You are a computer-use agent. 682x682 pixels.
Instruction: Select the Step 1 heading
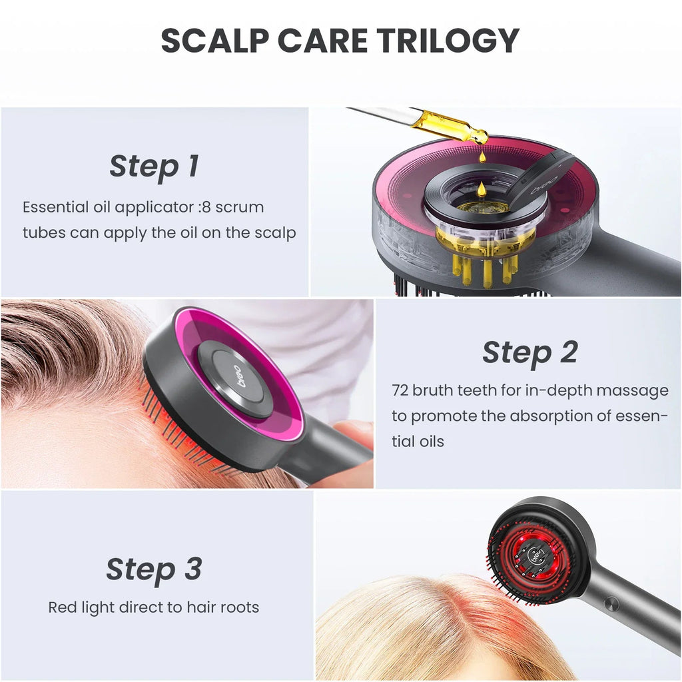click(154, 167)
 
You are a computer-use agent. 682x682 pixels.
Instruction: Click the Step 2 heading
click(529, 352)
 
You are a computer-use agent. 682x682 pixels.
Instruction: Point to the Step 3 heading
click(154, 569)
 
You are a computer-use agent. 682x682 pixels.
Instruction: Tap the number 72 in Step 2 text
click(400, 390)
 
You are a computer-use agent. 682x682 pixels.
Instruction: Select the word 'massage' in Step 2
click(635, 390)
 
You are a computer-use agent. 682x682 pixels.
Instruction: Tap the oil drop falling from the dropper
click(482, 157)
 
